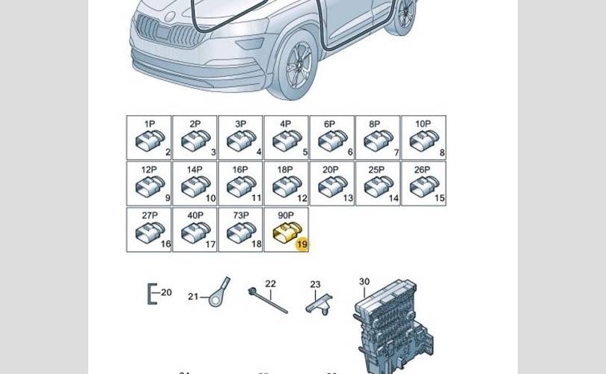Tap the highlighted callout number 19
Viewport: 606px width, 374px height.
pos(302,244)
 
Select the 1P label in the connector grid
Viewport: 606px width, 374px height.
pos(150,123)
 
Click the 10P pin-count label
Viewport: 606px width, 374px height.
pos(423,123)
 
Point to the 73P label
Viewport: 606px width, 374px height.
pos(240,215)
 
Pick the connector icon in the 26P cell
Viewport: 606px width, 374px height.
pos(423,186)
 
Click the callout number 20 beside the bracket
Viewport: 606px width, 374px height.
pos(166,292)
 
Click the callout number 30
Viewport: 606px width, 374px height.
pos(364,282)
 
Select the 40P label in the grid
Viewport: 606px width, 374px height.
pos(195,215)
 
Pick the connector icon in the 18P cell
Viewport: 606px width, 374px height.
pos(286,186)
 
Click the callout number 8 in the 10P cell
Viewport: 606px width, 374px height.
pos(441,153)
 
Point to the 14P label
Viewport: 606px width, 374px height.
pos(195,170)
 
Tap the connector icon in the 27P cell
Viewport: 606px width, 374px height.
pos(149,233)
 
